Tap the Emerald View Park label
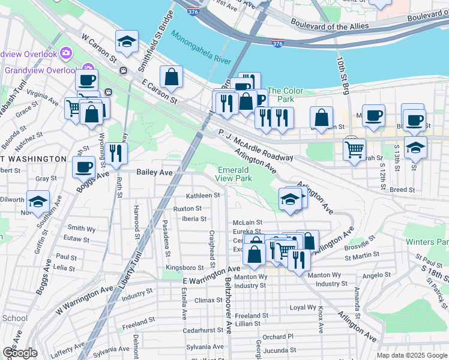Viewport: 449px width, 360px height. [234, 174]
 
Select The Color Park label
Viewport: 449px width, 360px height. [285, 95]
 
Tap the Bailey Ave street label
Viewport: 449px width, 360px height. [154, 172]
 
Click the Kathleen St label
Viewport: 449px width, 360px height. [203, 196]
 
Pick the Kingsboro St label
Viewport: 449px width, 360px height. [185, 267]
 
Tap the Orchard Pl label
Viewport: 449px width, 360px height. [277, 337]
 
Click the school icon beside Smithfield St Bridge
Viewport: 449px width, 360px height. [127, 42]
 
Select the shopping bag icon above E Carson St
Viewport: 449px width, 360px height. [171, 77]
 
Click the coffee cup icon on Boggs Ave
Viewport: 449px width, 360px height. [83, 166]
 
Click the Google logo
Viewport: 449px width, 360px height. [20, 352]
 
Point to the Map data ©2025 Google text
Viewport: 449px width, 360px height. [411, 355]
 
